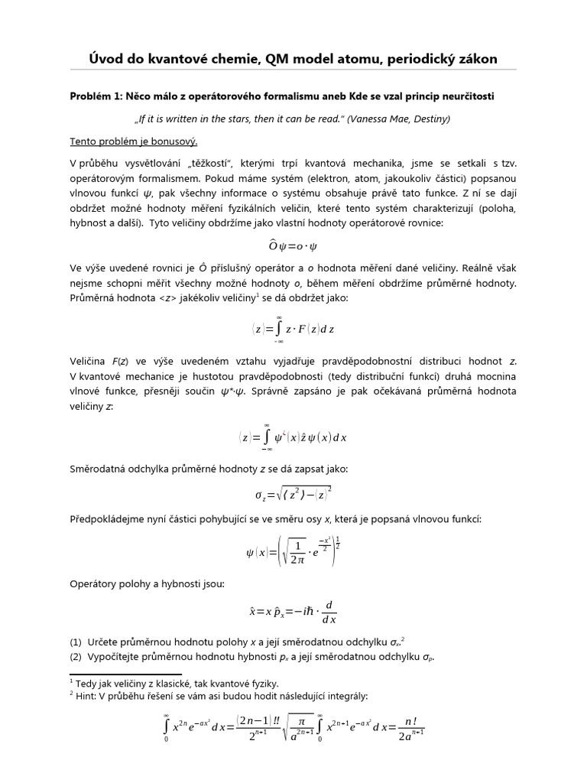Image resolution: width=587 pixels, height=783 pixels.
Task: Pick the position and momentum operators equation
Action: (293, 612)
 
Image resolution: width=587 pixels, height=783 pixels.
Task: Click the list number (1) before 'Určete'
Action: (76, 641)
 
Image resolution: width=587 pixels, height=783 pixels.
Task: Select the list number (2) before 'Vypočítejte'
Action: (76, 657)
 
